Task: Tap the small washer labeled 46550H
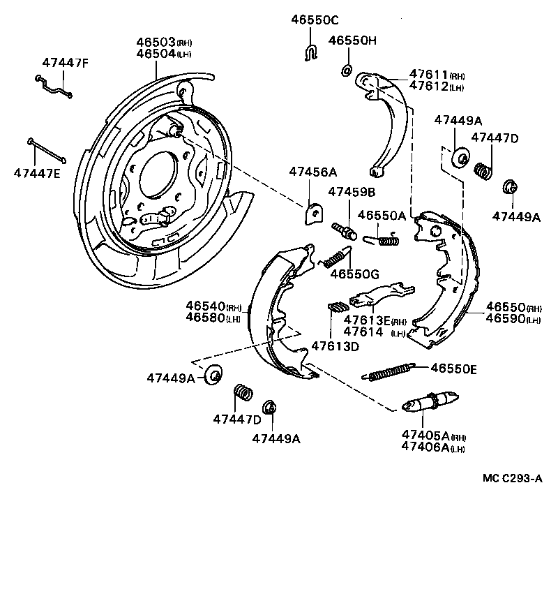[347, 70]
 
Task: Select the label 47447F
[66, 63]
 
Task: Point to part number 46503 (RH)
[165, 42]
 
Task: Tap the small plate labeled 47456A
[314, 212]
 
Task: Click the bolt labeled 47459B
[341, 230]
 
